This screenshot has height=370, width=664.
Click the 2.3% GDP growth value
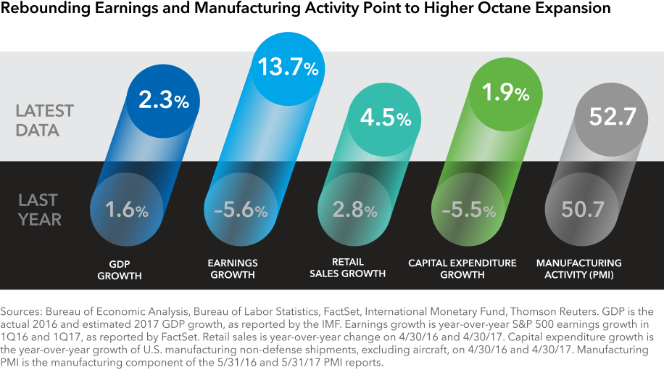[x=163, y=101]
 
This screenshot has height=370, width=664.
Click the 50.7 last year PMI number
[x=584, y=210]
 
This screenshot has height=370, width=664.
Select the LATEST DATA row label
[x=45, y=120]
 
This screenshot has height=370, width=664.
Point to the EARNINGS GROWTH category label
[x=233, y=269]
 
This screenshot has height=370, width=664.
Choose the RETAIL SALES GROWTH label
[x=348, y=268]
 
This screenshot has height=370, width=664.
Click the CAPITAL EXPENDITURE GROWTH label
[x=462, y=269]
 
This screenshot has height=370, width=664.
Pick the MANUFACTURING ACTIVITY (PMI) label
[x=578, y=269]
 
